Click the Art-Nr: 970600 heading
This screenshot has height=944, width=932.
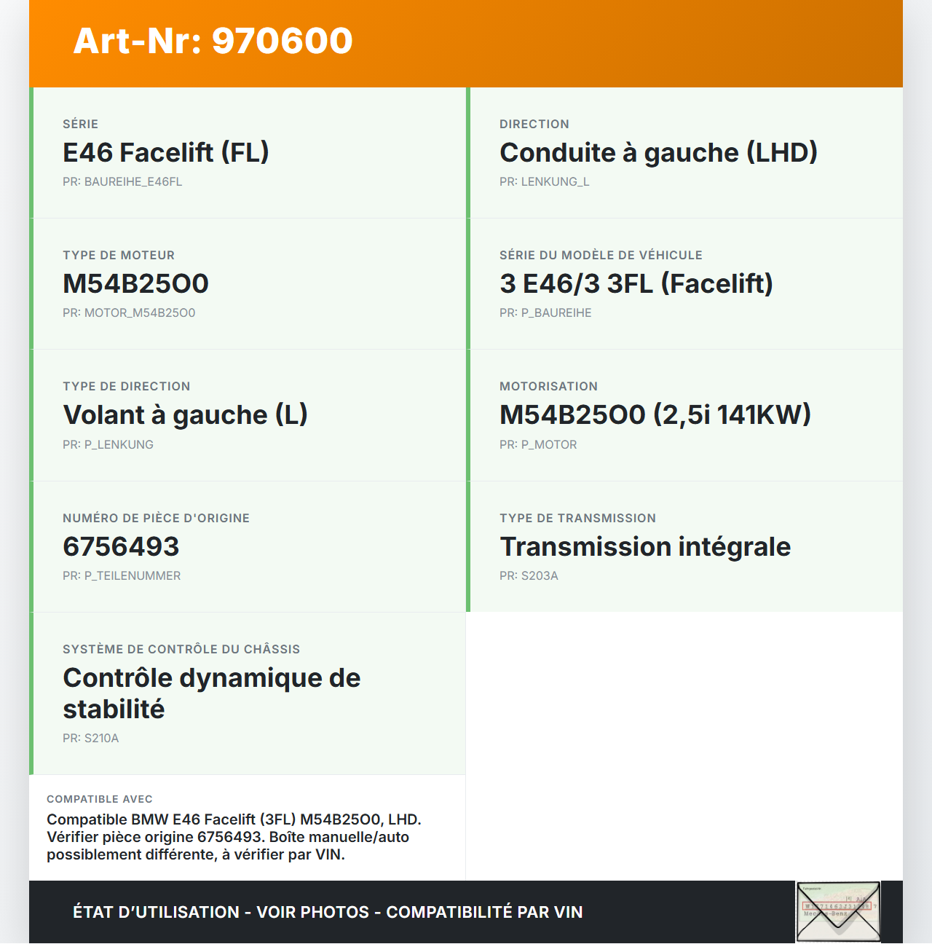pos(213,41)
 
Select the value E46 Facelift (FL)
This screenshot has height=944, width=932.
pos(166,153)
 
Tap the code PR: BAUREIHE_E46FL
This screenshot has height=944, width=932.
pos(122,182)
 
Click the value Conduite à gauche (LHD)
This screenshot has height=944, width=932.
pos(658,153)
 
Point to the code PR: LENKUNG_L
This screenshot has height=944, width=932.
pos(544,182)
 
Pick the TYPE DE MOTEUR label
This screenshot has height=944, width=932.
pos(119,256)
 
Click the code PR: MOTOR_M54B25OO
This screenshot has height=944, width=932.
pos(129,313)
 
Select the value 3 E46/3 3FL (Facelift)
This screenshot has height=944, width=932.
pos(636,284)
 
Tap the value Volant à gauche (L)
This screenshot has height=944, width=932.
pos(185,415)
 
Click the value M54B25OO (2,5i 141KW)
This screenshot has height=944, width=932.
pos(655,415)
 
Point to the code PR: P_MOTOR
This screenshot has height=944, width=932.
pos(538,445)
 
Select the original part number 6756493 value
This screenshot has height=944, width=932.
pos(121,547)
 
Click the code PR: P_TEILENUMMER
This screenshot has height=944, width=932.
pos(122,576)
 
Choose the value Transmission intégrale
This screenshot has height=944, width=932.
pos(645,547)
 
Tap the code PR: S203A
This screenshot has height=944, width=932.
pos(529,576)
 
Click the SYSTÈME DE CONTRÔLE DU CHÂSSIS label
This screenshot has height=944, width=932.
pos(181,650)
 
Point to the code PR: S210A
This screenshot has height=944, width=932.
pos(90,739)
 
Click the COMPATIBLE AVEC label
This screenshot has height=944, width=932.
pos(100,799)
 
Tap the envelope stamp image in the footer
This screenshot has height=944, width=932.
pos(838,912)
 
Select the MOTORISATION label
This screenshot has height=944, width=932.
pos(548,387)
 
